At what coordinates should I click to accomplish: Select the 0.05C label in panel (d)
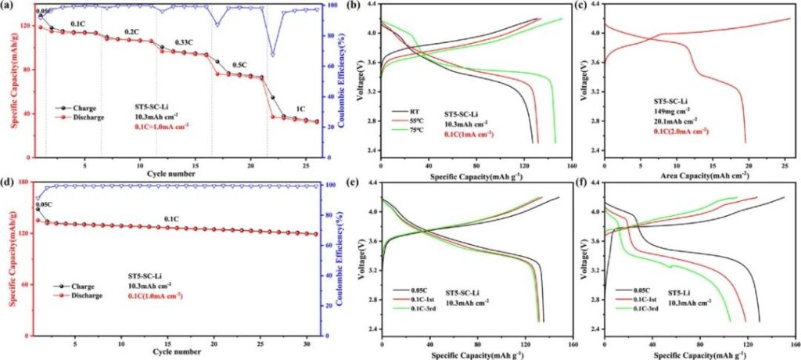tap(44, 203)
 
